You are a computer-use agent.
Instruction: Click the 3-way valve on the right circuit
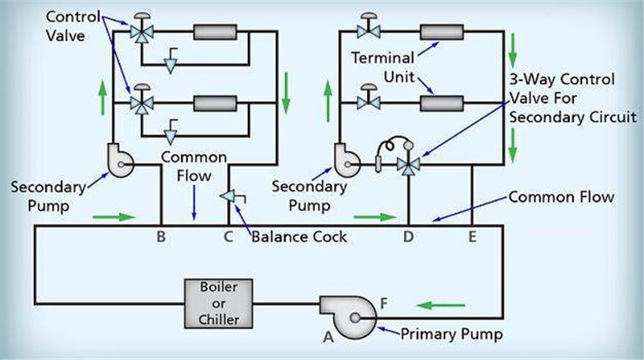click(408, 165)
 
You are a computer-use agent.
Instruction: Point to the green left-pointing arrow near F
click(441, 305)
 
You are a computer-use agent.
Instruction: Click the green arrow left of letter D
click(374, 216)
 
